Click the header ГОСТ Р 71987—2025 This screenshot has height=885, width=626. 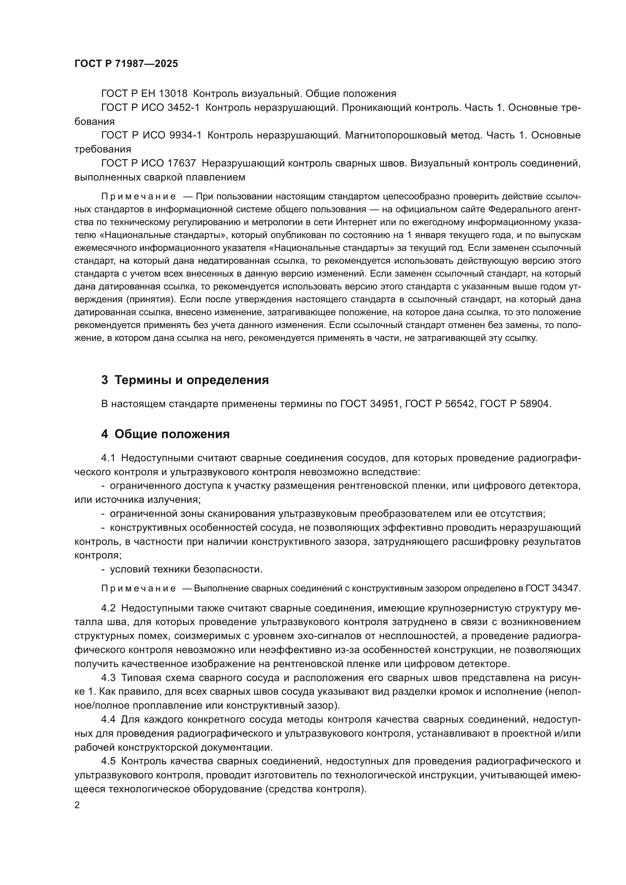point(126,64)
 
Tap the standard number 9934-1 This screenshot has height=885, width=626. point(185,135)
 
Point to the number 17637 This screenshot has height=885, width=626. point(182,163)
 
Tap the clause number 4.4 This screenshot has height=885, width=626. point(108,719)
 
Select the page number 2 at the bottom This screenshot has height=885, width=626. point(77,805)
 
